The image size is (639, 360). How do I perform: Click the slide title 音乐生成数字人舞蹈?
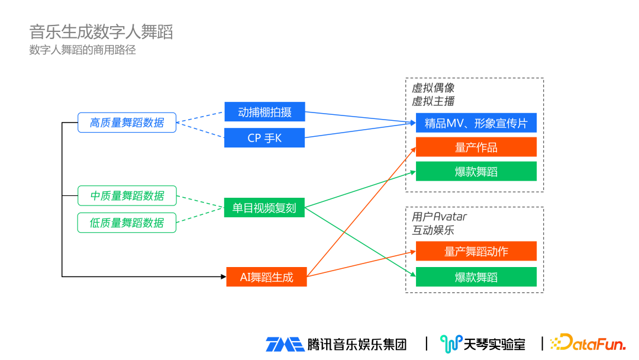tap(101, 32)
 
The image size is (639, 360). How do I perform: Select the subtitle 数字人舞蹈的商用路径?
tap(83, 50)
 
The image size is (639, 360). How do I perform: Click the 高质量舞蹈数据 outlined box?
tap(127, 123)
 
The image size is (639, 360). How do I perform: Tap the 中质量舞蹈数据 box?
tap(127, 195)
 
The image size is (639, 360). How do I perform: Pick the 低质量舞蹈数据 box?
tap(127, 223)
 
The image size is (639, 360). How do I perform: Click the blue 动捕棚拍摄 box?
tap(264, 112)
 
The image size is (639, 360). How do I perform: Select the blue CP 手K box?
tap(264, 138)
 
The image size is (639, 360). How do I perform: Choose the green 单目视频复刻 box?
tap(264, 208)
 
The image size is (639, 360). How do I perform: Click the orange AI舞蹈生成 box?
tap(266, 277)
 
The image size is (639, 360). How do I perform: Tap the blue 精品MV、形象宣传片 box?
tap(476, 123)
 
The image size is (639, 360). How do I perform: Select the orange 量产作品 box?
tap(476, 147)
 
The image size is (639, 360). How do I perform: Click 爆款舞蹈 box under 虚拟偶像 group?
tap(476, 172)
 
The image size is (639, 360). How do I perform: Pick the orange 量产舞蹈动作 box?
tap(476, 251)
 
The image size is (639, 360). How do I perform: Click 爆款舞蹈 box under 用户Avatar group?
tap(476, 277)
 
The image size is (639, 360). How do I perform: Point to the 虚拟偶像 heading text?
tap(433, 88)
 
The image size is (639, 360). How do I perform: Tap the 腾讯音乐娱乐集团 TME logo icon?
tap(285, 344)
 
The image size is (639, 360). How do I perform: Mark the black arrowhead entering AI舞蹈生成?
tap(222, 277)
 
